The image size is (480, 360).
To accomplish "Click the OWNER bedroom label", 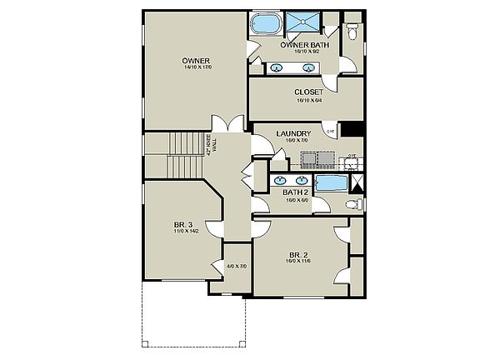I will tap(196, 60).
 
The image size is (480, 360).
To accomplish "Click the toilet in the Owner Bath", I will tap(352, 32).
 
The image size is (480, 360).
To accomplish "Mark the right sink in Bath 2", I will tap(301, 179).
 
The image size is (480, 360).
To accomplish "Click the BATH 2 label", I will tap(296, 192).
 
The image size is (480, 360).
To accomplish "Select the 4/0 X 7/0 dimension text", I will tap(237, 267).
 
